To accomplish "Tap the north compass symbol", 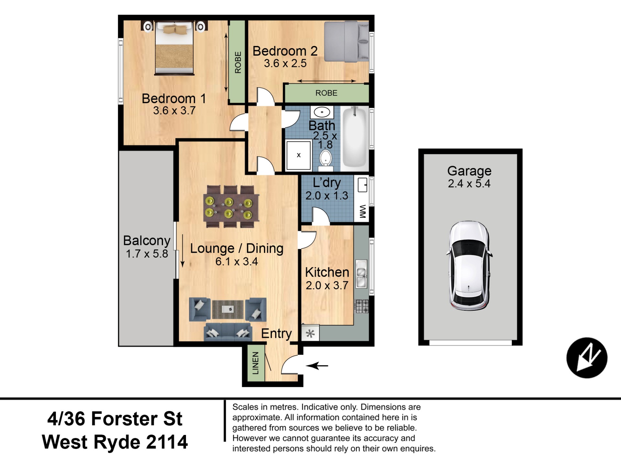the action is point(587,358).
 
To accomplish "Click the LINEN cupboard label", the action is point(256,363).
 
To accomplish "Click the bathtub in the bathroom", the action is point(355,138).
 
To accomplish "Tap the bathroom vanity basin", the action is point(322,113).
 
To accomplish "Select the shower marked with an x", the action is point(299,155).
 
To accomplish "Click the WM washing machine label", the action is point(362,211).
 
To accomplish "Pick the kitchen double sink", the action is point(362,274).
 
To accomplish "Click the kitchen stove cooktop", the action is point(362,306).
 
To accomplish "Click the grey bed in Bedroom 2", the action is point(346,41).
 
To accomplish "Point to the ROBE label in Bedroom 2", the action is point(326,93).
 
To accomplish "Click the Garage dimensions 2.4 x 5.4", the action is point(469,183).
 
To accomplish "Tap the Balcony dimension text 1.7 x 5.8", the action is point(147,254).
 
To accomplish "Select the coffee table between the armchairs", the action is point(228,309).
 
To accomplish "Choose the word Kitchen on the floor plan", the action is point(327,272).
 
